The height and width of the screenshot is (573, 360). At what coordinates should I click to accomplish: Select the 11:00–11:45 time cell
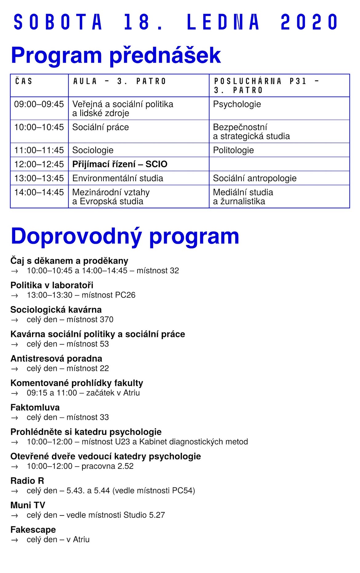point(39,150)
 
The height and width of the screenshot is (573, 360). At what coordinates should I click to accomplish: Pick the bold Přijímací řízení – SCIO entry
point(120,164)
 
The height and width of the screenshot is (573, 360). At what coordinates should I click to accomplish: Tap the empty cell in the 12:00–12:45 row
point(279,164)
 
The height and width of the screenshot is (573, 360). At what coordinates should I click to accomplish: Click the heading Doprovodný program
point(125,236)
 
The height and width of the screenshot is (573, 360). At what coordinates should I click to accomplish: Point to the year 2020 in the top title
point(309,22)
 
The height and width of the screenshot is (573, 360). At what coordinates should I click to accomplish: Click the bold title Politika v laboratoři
point(52,285)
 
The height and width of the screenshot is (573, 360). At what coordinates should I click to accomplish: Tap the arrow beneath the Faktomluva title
point(14,418)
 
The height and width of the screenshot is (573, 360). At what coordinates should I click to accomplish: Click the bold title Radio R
point(27,481)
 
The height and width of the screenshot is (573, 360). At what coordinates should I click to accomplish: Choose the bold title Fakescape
point(33,530)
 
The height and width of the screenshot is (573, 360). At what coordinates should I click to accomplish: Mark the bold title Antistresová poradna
point(56,359)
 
